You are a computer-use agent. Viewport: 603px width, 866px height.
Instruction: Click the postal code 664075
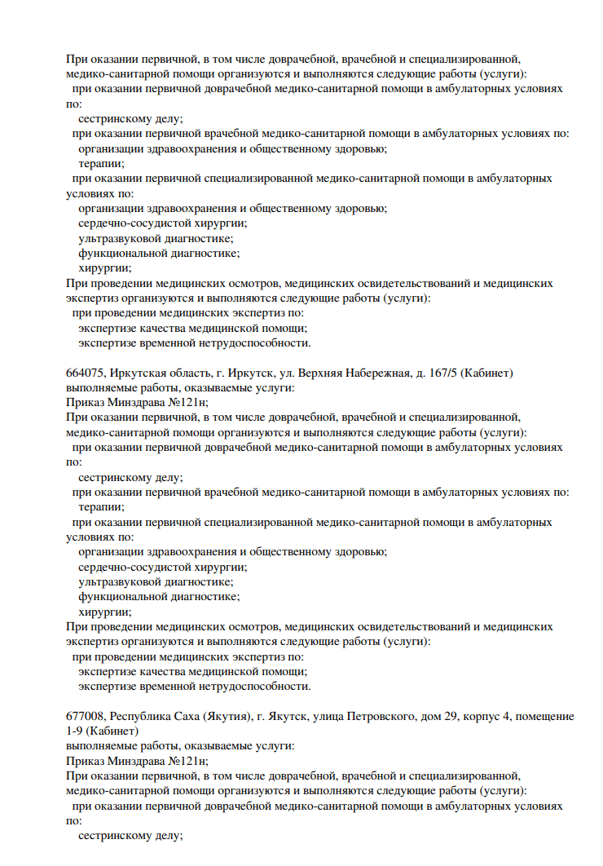[x=85, y=373]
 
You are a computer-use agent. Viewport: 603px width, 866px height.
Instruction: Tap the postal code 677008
[x=85, y=716]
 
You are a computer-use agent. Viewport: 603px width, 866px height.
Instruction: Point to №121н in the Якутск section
[x=187, y=759]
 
